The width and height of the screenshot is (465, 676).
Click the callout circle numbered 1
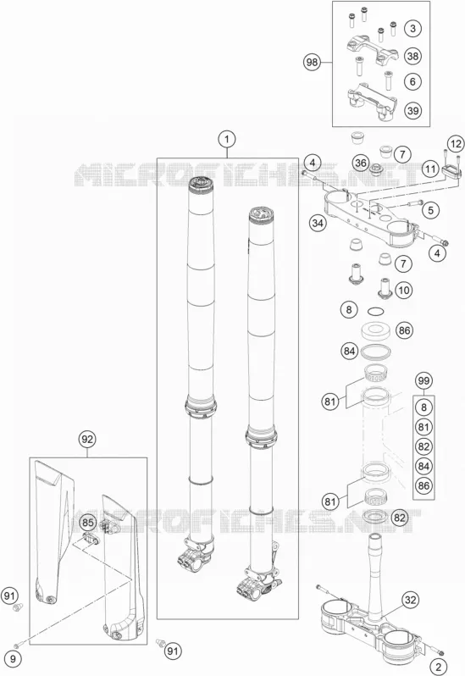227,139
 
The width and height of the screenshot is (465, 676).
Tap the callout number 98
312,63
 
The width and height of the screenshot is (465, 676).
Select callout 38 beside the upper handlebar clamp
412,56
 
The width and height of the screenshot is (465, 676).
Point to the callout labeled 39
412,110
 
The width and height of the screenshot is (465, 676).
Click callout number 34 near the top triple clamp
318,224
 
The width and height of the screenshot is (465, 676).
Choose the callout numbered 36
361,163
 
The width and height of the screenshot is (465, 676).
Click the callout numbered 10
404,290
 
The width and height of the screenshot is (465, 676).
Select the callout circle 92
87,440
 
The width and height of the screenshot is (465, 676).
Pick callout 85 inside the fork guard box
87,523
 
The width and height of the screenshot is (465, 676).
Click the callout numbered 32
411,600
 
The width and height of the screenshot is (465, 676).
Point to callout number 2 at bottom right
439,668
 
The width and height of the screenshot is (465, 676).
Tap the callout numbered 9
13,659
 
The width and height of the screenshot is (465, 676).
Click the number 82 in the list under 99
423,446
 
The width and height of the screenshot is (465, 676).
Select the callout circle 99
423,381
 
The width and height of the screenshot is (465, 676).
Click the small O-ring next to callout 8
374,311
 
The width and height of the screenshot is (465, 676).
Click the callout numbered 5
430,210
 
